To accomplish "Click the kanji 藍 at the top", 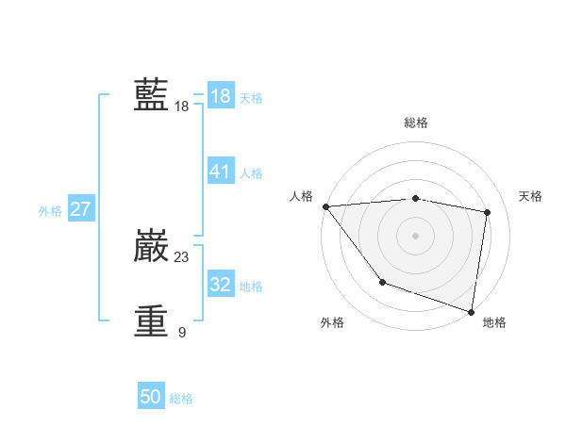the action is (151, 95).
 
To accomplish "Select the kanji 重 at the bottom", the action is (151, 320).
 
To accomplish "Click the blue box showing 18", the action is (220, 96).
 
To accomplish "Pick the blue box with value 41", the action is (220, 172).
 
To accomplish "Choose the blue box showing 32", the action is (220, 285).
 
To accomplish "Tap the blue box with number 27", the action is (80, 209).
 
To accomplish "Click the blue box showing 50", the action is (151, 397).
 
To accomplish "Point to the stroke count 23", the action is (182, 256).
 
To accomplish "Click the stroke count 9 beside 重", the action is (182, 332).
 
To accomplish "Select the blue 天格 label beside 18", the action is (251, 98).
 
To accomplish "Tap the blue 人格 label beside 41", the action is (251, 173).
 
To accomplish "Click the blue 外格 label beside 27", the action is (50, 211).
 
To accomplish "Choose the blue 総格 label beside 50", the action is (181, 399).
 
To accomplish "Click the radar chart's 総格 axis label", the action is (416, 123).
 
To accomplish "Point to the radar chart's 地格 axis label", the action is (494, 322).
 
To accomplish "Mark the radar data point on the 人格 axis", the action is (325, 206).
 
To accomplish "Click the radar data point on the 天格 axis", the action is (488, 212).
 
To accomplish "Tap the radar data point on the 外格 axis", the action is (382, 282).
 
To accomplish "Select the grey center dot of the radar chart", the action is (416, 236).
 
